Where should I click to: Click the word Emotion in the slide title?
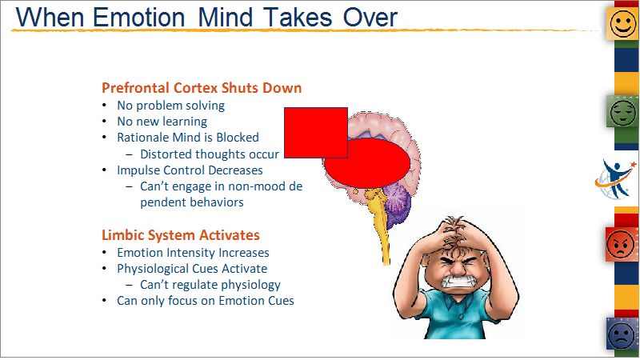(x=138, y=18)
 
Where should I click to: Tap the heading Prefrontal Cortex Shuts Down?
(x=202, y=88)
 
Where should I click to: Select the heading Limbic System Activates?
(x=181, y=235)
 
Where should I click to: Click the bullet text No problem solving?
(x=170, y=106)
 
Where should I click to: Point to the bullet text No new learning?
(x=162, y=122)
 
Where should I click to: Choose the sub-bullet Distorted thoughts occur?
(x=210, y=154)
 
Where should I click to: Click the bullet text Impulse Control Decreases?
(x=190, y=170)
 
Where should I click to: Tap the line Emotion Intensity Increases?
(x=193, y=253)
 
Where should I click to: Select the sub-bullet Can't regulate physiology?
(x=210, y=285)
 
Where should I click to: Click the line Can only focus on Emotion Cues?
(x=206, y=301)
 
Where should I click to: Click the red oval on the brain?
(x=367, y=163)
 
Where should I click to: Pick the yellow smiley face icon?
(x=623, y=23)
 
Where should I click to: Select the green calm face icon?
(x=622, y=111)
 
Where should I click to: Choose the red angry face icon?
(x=621, y=244)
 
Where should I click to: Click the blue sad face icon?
(x=622, y=334)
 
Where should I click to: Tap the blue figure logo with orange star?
(x=615, y=179)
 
